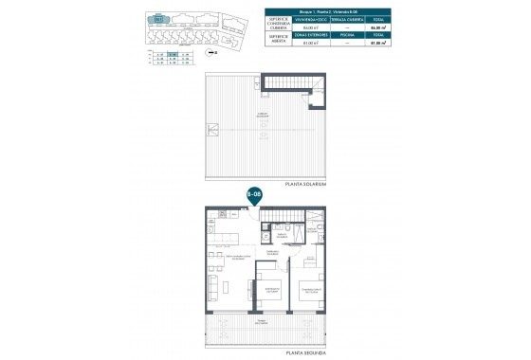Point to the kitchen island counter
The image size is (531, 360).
click(x=232, y=237)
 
